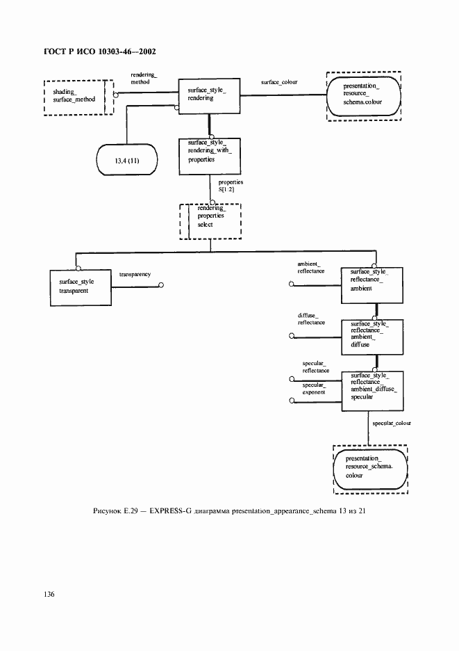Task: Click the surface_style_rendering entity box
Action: pos(208,96)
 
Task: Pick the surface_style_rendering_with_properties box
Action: pos(208,154)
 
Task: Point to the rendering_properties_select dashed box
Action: pos(210,220)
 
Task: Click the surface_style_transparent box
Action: pos(81,287)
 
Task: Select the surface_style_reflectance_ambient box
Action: pos(371,284)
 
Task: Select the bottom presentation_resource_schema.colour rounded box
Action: pos(369,469)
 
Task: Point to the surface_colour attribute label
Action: pos(279,82)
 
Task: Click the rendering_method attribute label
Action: pos(145,77)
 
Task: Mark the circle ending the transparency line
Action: pos(161,284)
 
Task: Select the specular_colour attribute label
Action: pos(392,424)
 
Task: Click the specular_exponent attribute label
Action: pos(314,388)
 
